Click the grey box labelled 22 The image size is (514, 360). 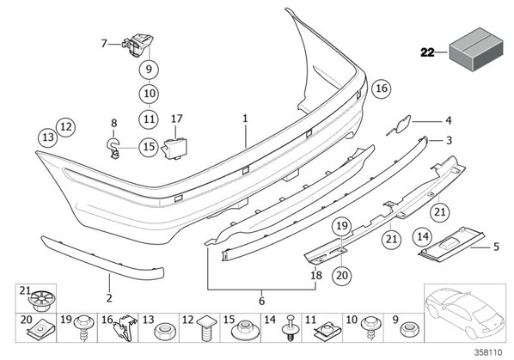pyautogui.click(x=475, y=49)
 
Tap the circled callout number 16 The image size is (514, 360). pyautogui.click(x=382, y=88)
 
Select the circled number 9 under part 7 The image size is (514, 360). pyautogui.click(x=149, y=70)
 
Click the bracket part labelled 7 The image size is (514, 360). pyautogui.click(x=138, y=45)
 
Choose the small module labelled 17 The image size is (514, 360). pyautogui.click(x=174, y=149)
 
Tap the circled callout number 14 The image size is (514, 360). pyautogui.click(x=423, y=236)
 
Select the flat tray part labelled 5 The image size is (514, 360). pyautogui.click(x=451, y=244)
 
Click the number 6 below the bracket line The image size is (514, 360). pyautogui.click(x=261, y=301)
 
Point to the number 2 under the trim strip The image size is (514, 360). pyautogui.click(x=109, y=298)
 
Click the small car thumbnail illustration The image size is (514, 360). pyautogui.click(x=465, y=313)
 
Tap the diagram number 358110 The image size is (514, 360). pyautogui.click(x=488, y=352)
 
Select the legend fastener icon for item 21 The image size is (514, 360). pyautogui.click(x=41, y=301)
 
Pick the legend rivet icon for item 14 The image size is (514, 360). pyautogui.click(x=289, y=328)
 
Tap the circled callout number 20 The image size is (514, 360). pyautogui.click(x=341, y=275)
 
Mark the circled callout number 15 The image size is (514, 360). pyautogui.click(x=149, y=146)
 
